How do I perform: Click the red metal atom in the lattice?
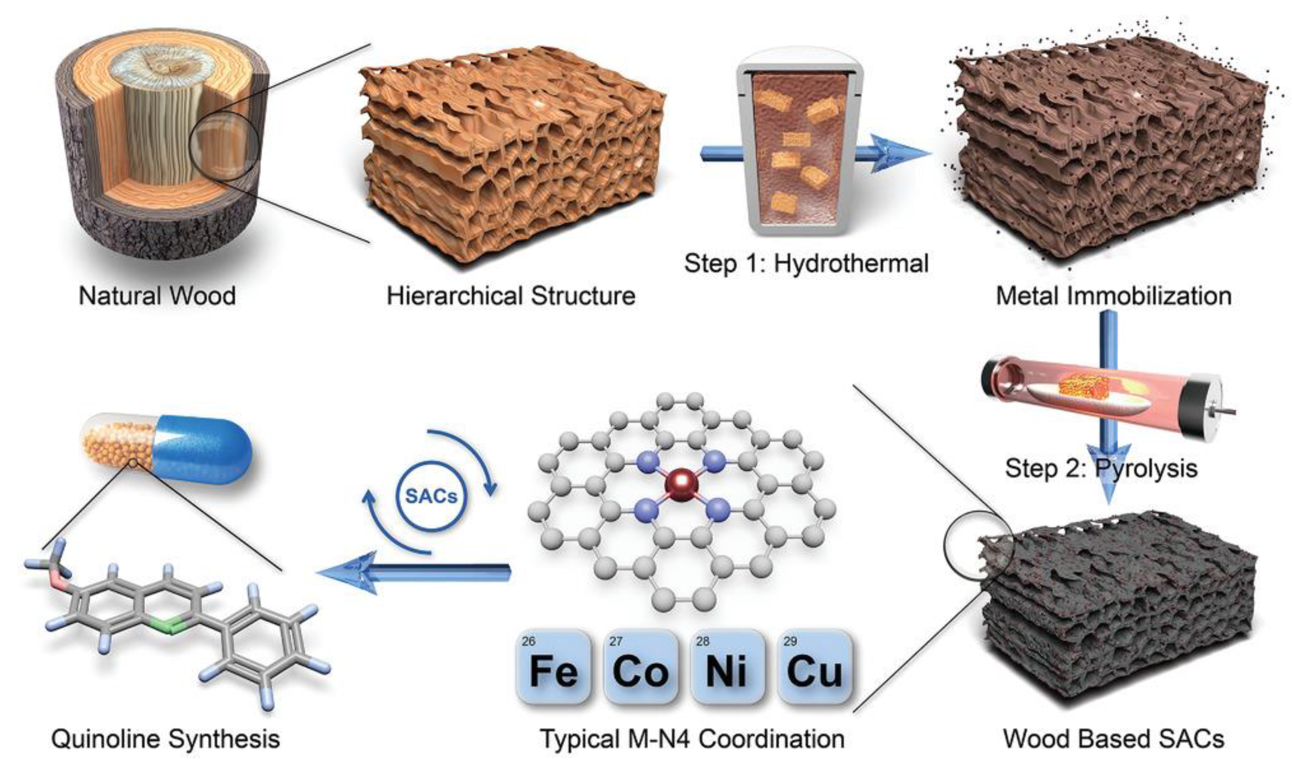[681, 485]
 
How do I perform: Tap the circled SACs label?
[431, 496]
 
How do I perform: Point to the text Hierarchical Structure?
[511, 296]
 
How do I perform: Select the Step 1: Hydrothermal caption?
[806, 263]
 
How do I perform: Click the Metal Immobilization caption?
[1114, 296]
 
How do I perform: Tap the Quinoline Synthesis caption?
[165, 739]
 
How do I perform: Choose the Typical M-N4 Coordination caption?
[692, 739]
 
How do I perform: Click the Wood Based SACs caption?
[1114, 739]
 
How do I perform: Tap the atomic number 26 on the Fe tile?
[529, 642]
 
